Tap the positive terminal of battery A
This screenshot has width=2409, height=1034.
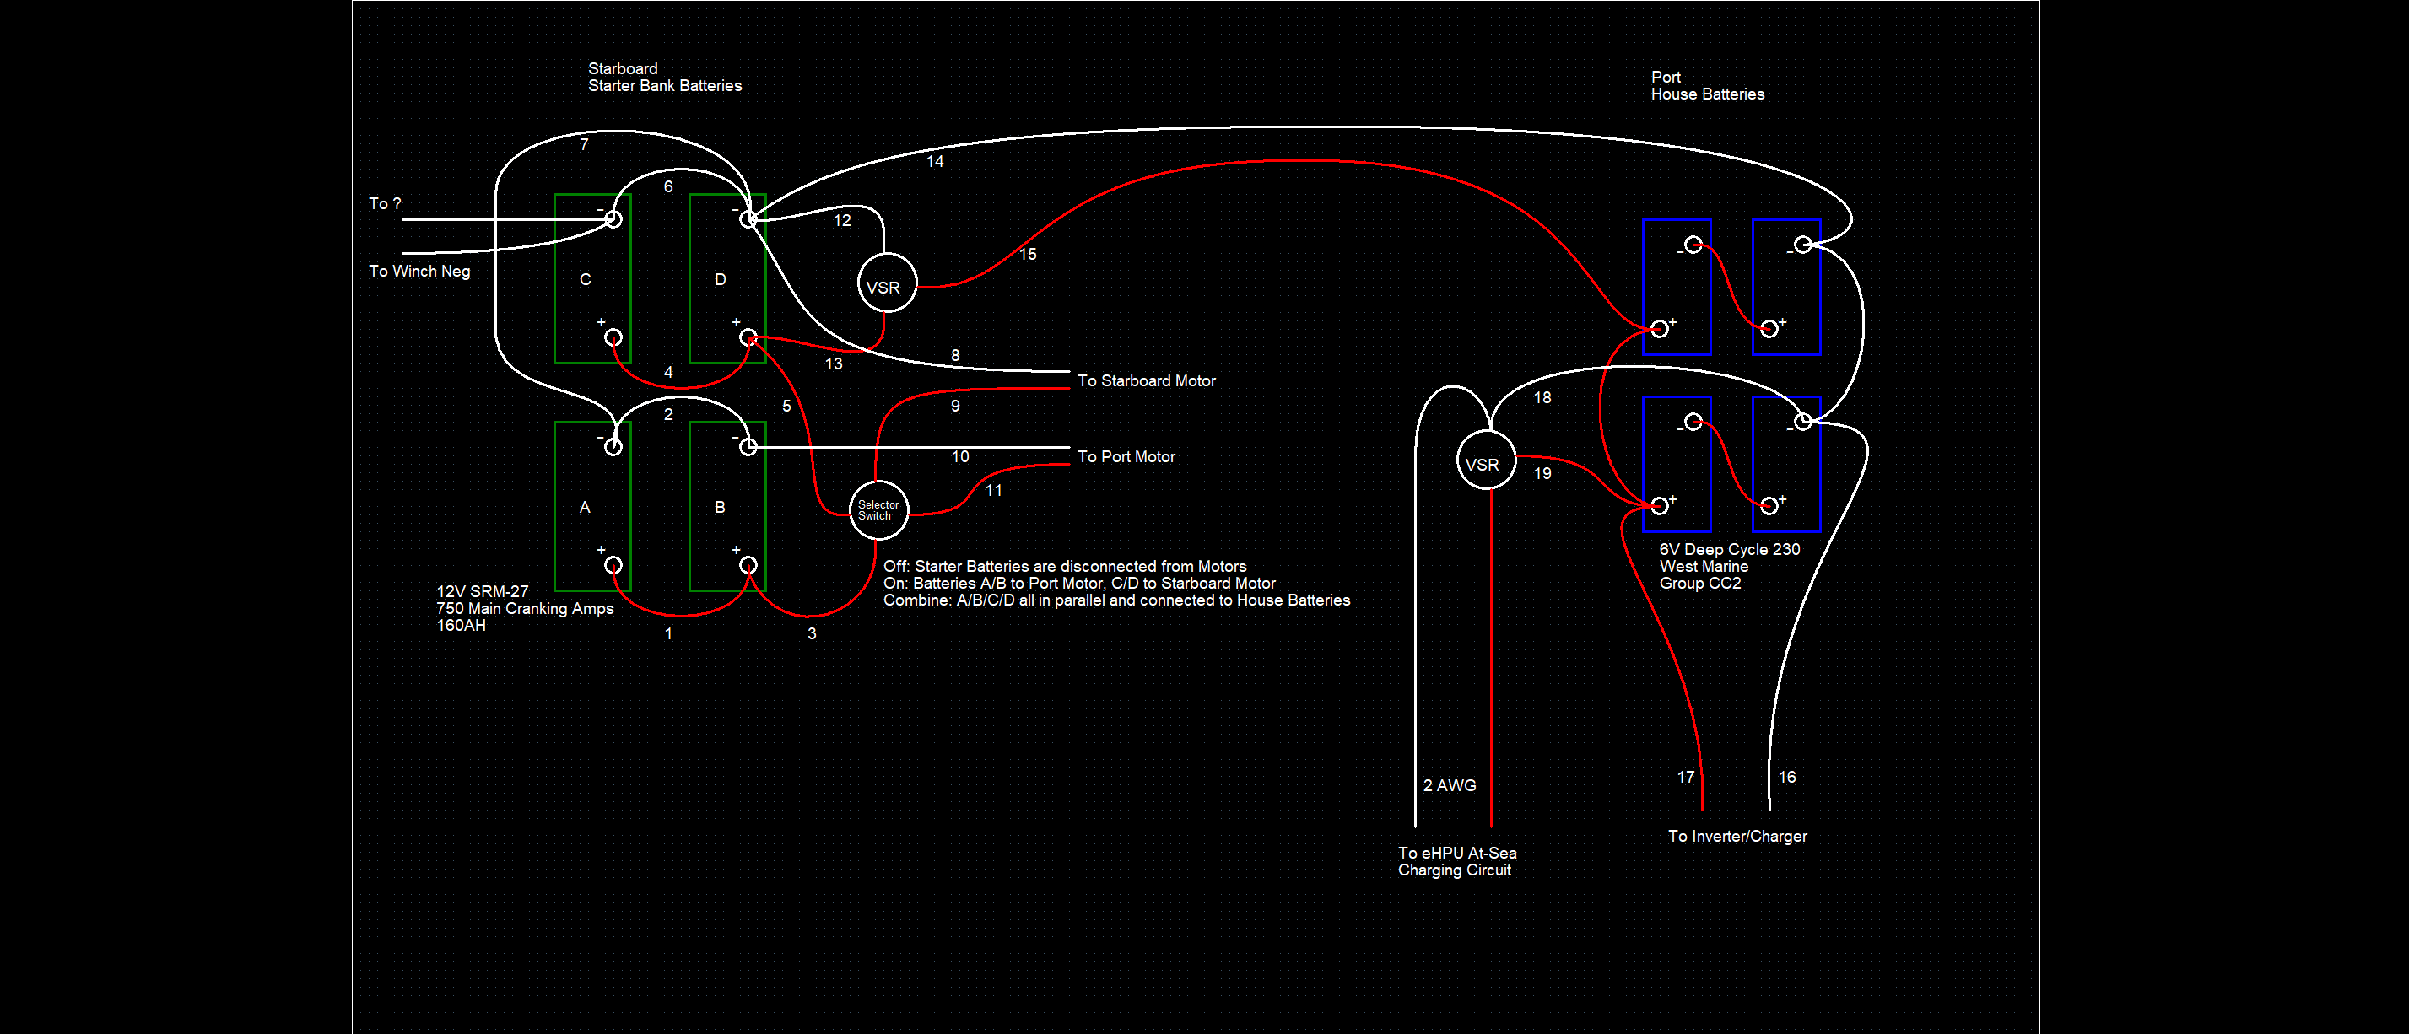(613, 565)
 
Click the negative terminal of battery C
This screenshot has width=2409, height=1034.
(613, 218)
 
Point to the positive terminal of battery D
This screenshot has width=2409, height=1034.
(748, 337)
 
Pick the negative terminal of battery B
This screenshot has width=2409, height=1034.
(748, 447)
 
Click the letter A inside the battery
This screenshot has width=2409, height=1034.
(585, 507)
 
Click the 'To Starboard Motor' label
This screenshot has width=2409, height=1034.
(1146, 380)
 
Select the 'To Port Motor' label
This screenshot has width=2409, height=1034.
(1126, 456)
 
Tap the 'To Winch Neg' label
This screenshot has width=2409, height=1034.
(419, 271)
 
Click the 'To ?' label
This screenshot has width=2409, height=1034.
(385, 203)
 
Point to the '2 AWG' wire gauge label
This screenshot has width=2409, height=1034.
(1450, 785)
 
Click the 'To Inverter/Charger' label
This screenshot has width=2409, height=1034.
(1737, 836)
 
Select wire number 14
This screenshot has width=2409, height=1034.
(935, 161)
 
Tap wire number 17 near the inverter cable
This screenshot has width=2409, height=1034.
(1685, 777)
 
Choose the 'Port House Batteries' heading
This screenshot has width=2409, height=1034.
(1708, 85)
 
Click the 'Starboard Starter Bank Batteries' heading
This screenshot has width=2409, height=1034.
(665, 77)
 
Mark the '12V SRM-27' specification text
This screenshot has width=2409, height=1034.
(483, 591)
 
